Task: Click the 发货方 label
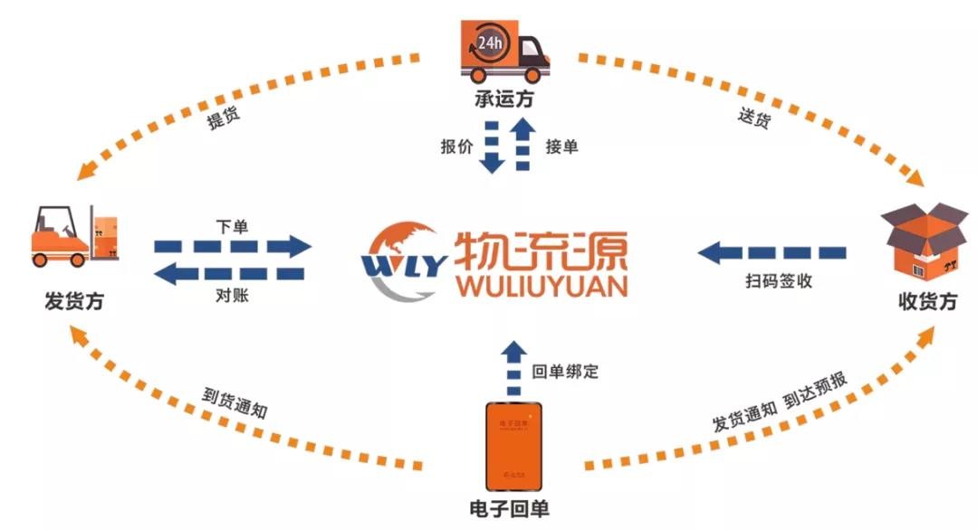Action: click(73, 301)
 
